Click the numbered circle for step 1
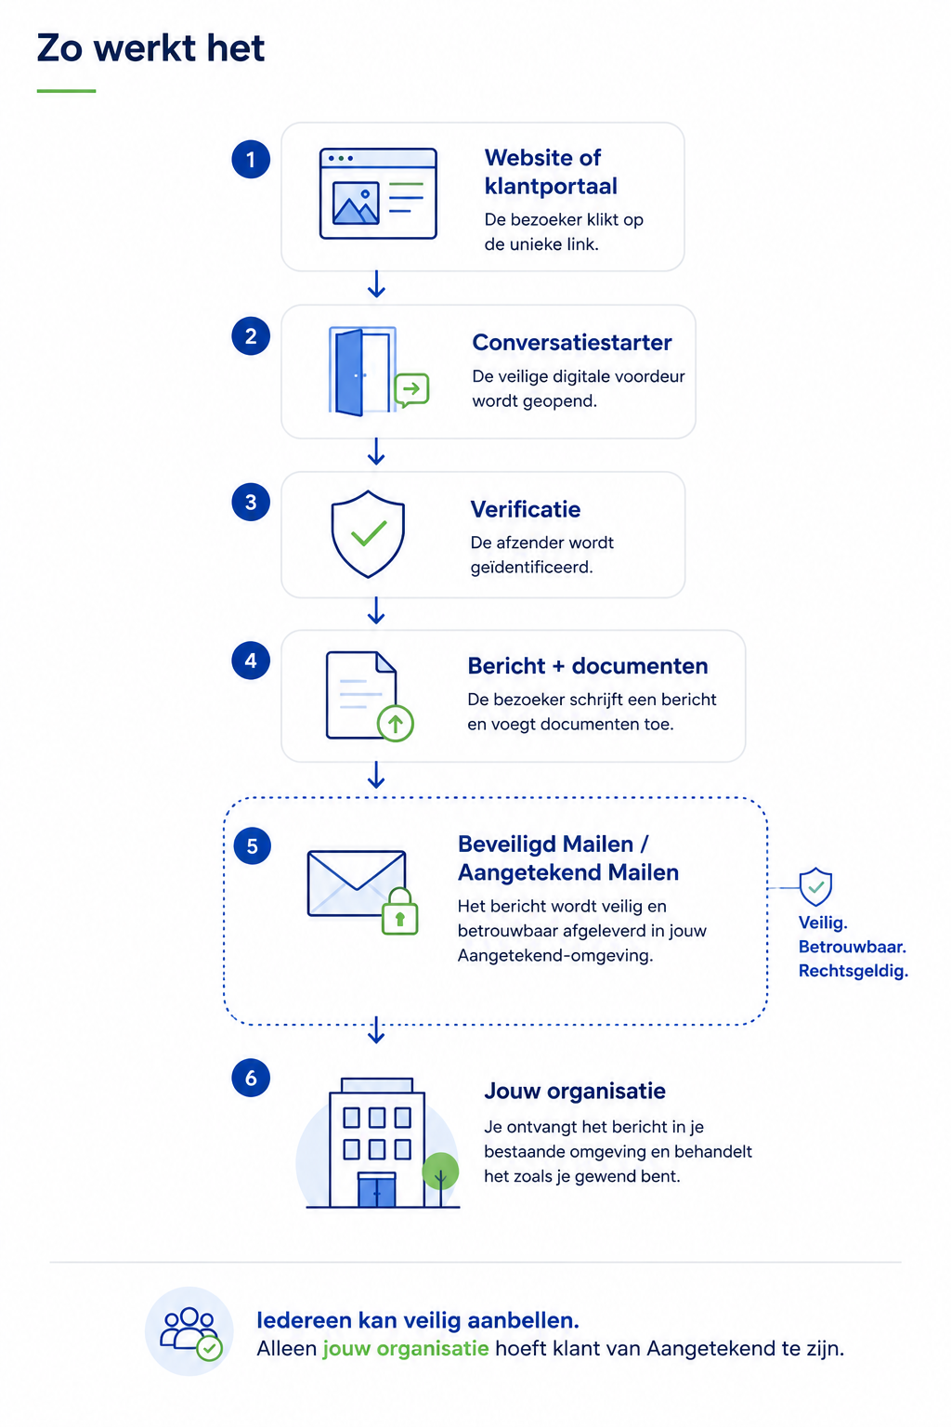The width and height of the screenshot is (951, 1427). [251, 159]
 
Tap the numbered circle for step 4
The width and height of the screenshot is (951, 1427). [251, 660]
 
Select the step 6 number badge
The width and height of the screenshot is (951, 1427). [251, 1078]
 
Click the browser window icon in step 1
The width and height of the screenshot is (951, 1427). [378, 193]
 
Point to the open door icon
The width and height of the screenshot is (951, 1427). [361, 372]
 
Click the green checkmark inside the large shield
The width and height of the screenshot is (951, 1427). [369, 533]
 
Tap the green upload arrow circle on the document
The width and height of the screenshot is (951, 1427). [396, 724]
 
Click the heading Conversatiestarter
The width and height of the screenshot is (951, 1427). [571, 343]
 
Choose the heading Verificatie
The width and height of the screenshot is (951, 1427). [526, 510]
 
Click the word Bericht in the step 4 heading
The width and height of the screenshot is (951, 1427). [506, 666]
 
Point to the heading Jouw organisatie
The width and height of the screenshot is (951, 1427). [575, 1092]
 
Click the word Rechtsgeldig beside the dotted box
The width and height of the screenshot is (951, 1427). [852, 971]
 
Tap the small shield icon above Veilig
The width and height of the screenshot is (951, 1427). [816, 886]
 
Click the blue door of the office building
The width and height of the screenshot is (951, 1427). [376, 1191]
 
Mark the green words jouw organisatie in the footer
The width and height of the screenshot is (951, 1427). [406, 1349]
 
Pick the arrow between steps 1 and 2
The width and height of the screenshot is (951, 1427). [376, 284]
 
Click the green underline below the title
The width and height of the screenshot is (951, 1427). [66, 91]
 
